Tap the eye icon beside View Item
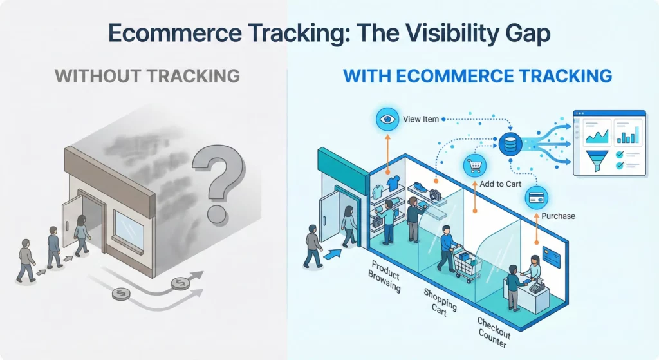click(387, 120)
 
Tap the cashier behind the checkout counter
click(534, 269)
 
